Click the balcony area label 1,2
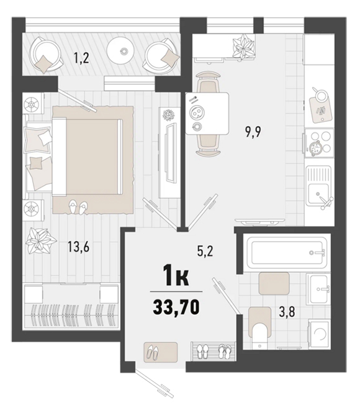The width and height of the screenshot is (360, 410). [81, 58]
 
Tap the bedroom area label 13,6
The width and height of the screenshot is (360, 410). [78, 247]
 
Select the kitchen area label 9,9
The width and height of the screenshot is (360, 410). [253, 132]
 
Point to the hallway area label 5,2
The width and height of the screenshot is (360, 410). [205, 252]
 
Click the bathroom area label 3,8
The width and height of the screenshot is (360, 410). [287, 312]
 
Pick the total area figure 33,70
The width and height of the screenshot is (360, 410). [176, 307]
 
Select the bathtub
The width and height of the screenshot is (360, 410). [287, 252]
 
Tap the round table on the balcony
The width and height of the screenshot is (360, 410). [122, 51]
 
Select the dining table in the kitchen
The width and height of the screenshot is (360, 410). [207, 113]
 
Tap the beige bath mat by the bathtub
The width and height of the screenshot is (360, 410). [274, 283]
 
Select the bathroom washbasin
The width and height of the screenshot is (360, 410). [318, 289]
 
